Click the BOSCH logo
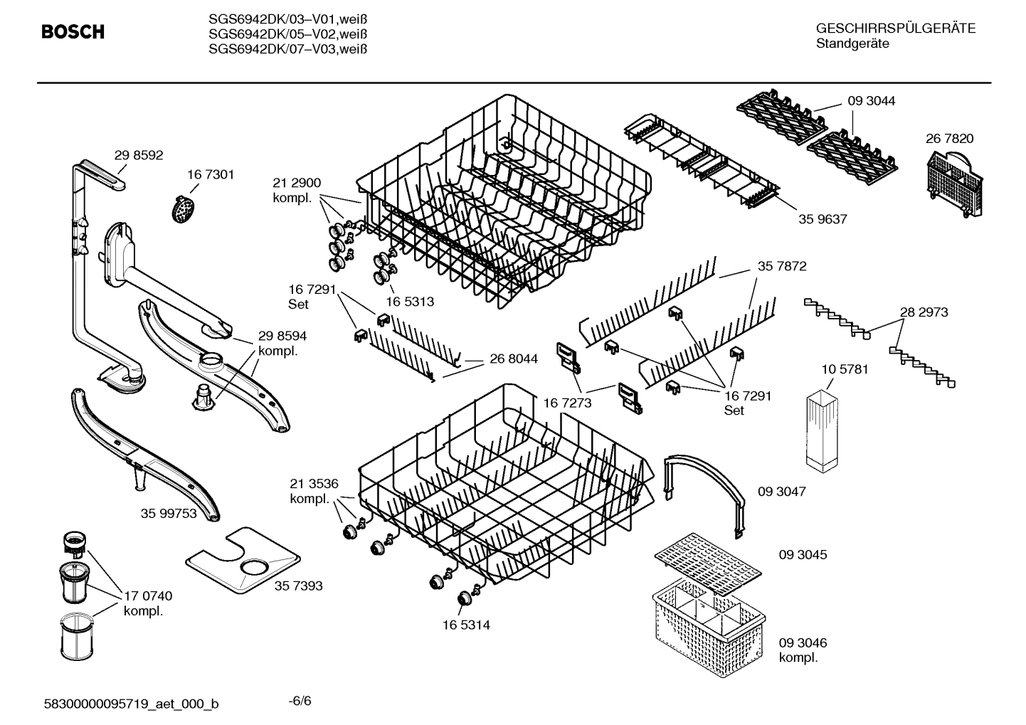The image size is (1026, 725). point(73,32)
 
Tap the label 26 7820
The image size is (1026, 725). point(949,139)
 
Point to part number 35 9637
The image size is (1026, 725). point(823,219)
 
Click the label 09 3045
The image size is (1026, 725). point(803,554)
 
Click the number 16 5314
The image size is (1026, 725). point(465,625)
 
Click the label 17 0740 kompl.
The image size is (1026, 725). point(147,603)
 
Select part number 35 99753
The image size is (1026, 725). point(169,513)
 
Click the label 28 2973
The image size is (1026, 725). point(924,312)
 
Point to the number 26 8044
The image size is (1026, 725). point(513,359)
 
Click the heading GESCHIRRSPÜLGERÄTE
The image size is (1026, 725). point(895,29)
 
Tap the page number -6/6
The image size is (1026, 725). point(300,701)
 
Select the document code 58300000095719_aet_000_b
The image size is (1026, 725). point(132,704)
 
